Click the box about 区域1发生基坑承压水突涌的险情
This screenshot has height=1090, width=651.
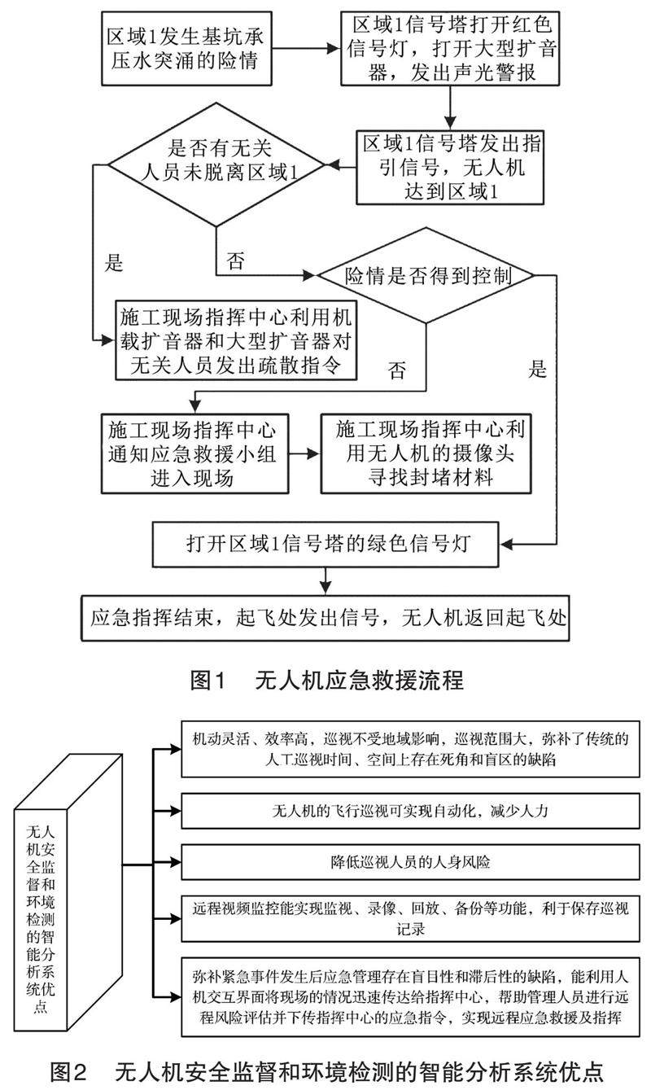point(189,48)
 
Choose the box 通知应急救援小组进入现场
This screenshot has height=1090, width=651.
point(196,453)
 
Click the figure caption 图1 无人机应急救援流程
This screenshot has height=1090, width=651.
point(325,679)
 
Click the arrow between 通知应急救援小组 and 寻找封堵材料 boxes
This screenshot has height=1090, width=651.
point(305,453)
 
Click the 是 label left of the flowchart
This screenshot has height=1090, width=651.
point(115,263)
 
